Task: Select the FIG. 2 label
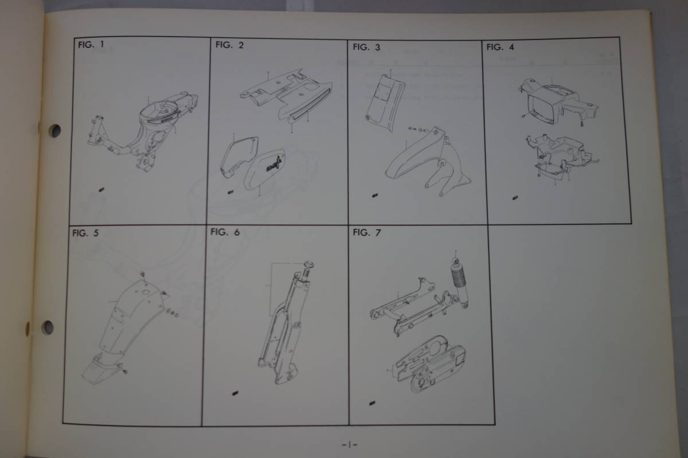229,45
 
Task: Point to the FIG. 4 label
500,47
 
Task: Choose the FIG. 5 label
85,233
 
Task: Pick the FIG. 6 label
224,232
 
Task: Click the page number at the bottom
348,444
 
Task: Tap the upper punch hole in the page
54,131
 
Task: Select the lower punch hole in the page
48,327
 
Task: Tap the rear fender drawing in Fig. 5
126,326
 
